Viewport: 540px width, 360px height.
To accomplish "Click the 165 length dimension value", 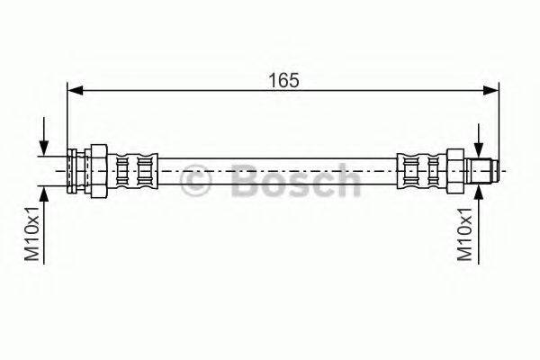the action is [x=283, y=80].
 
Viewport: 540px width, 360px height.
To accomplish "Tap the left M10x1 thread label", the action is [x=32, y=234].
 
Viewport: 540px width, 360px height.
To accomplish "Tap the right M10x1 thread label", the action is [x=464, y=234].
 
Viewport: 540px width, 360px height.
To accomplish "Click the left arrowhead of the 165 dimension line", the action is [x=75, y=91].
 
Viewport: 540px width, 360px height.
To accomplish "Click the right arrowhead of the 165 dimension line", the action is [x=490, y=91].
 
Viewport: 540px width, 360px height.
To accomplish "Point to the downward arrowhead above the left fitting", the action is [x=44, y=148].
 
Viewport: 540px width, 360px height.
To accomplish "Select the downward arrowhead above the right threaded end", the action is [x=479, y=148].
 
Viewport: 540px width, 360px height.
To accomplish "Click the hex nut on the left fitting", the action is [x=98, y=171].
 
